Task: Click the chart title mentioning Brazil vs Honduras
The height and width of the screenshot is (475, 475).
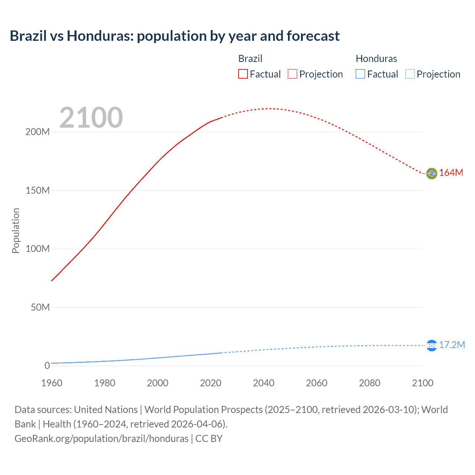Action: [x=174, y=36]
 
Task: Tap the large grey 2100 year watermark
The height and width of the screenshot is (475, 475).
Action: [x=91, y=118]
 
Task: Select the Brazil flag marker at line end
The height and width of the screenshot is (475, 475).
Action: [x=432, y=173]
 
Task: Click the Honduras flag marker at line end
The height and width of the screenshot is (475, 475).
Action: [x=432, y=345]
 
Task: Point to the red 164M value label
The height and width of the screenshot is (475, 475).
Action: [x=451, y=173]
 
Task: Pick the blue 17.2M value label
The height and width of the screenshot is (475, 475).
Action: [x=452, y=345]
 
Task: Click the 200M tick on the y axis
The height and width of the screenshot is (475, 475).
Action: [x=37, y=132]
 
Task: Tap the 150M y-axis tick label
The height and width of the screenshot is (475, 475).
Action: [x=37, y=191]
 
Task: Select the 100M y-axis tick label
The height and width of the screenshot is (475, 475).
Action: [x=37, y=249]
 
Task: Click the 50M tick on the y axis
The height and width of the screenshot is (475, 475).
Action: [x=40, y=308]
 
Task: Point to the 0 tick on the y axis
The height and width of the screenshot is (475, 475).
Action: [x=47, y=366]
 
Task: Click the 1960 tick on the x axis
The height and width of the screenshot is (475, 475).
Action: [x=52, y=383]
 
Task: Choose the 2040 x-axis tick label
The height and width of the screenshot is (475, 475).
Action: [x=263, y=383]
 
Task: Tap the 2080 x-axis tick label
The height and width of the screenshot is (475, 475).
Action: [x=370, y=383]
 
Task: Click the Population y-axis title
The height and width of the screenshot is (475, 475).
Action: [x=16, y=230]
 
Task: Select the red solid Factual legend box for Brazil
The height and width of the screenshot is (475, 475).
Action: [x=243, y=74]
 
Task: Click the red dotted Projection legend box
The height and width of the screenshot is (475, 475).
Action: [x=292, y=74]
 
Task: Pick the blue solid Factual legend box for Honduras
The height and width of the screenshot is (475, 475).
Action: [x=360, y=74]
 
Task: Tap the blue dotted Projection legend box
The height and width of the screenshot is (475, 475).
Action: [x=410, y=74]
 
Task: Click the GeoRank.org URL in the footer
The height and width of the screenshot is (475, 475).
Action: [x=101, y=439]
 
